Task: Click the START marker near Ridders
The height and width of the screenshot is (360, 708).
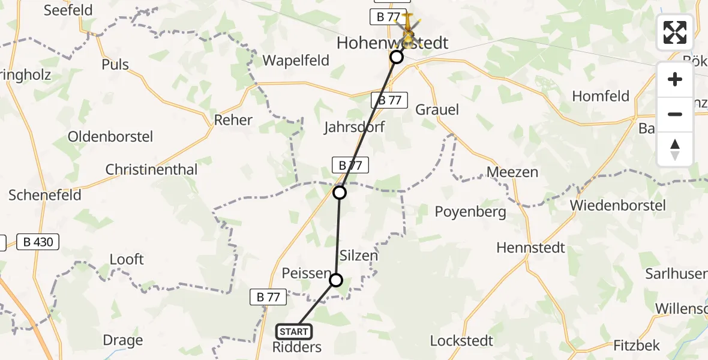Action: point(294,331)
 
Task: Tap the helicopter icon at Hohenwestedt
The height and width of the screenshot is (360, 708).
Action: point(408,28)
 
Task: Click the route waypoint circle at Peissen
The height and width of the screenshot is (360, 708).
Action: point(336,280)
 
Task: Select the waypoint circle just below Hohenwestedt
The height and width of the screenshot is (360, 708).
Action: point(397,57)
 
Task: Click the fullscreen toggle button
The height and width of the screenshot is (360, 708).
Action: point(675,32)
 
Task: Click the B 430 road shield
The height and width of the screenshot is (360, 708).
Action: point(38,242)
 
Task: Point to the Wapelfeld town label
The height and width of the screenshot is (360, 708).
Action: point(296,61)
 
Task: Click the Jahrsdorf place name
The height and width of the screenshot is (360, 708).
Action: point(355,127)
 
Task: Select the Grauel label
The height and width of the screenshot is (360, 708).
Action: point(437,109)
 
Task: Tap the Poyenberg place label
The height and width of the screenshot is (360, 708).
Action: point(470,211)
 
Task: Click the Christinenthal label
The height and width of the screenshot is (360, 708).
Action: point(151,170)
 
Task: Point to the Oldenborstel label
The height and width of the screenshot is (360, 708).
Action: point(110,136)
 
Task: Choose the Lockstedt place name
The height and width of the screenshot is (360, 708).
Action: point(461,341)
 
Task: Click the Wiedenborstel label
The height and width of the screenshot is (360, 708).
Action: point(618,205)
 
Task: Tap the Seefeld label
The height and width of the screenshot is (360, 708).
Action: point(68,10)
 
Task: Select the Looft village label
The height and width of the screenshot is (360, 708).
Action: point(127,259)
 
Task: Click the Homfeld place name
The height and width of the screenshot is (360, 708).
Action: point(601,96)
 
